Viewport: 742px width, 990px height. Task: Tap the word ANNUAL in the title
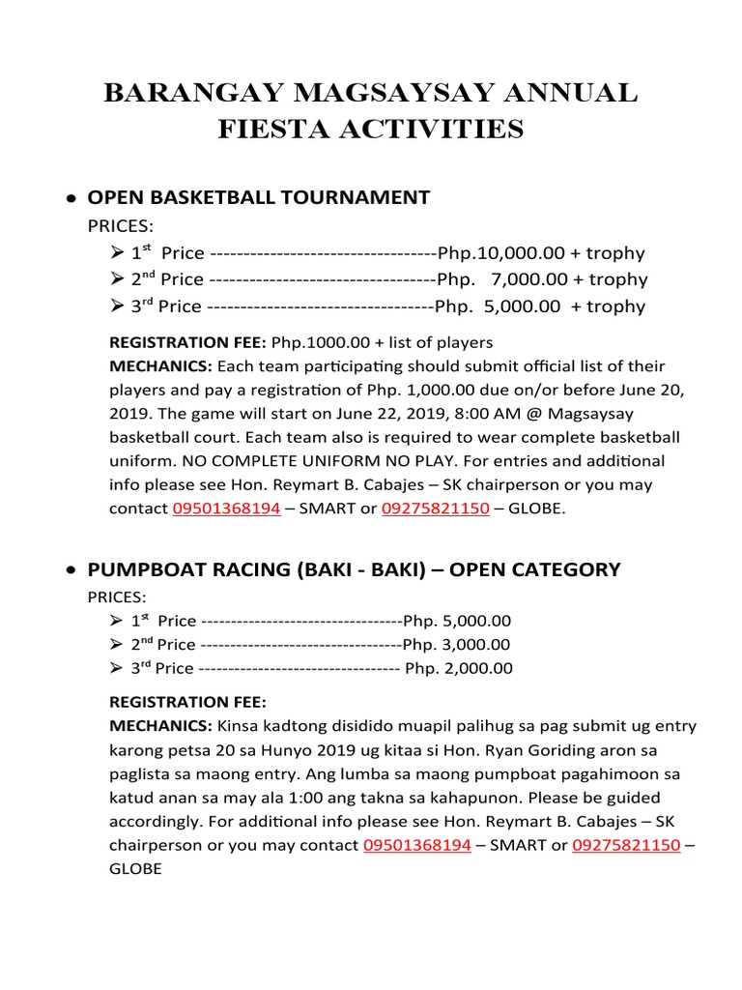point(571,94)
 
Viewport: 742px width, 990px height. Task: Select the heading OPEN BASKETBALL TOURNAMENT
point(259,197)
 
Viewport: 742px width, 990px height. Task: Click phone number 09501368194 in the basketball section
point(226,509)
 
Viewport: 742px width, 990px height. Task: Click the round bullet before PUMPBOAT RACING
point(71,571)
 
